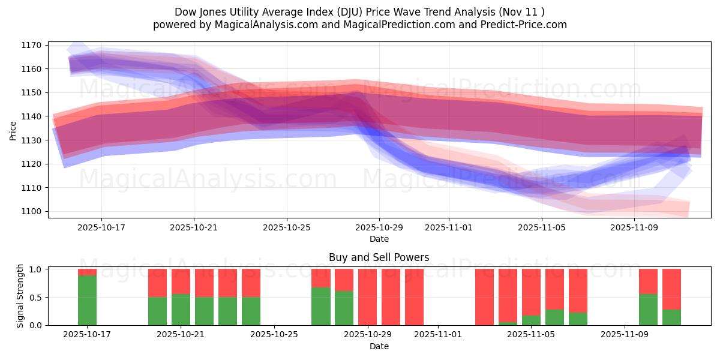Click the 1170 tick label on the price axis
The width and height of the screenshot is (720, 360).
(x=31, y=45)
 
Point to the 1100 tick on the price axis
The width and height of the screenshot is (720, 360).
(x=31, y=211)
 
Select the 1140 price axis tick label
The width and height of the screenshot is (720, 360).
(x=31, y=116)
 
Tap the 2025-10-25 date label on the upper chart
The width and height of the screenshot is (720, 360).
(x=286, y=227)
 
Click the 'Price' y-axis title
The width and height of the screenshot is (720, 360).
(x=13, y=131)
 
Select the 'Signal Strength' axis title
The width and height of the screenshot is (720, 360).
(x=20, y=295)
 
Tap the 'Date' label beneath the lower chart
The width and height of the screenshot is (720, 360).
(x=379, y=346)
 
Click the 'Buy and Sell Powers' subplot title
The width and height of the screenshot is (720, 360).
(x=379, y=257)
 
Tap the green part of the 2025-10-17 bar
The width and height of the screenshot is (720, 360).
(x=87, y=300)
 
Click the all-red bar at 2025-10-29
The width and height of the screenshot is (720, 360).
(x=367, y=297)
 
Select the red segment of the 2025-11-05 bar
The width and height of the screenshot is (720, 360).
(x=531, y=292)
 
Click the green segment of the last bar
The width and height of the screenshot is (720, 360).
(x=671, y=317)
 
